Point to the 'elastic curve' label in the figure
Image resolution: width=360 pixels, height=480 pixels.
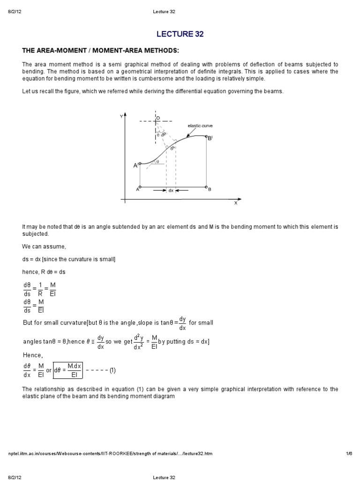[x=200, y=126]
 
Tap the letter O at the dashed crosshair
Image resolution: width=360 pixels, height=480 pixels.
[x=158, y=118]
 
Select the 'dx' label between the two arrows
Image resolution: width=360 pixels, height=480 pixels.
[x=171, y=190]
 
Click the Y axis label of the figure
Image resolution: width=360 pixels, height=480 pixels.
[x=121, y=116]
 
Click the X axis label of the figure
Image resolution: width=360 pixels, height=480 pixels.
[x=235, y=203]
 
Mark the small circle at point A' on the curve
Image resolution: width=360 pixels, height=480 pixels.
[x=140, y=164]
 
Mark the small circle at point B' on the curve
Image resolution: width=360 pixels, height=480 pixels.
[x=207, y=137]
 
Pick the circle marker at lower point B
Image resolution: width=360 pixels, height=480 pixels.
[x=207, y=187]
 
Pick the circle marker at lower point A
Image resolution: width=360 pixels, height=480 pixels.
[x=140, y=187]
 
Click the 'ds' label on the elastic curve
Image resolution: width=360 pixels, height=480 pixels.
[x=172, y=148]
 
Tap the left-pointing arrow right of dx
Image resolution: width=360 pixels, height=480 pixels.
[x=182, y=190]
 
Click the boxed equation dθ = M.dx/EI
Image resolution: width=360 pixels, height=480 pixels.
[x=68, y=370]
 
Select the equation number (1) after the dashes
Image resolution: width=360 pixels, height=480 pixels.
[x=112, y=370]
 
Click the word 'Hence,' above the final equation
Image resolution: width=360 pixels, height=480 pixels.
[x=32, y=355]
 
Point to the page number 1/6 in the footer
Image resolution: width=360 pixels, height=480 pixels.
[x=349, y=454]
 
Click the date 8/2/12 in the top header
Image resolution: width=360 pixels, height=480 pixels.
[x=15, y=11]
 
